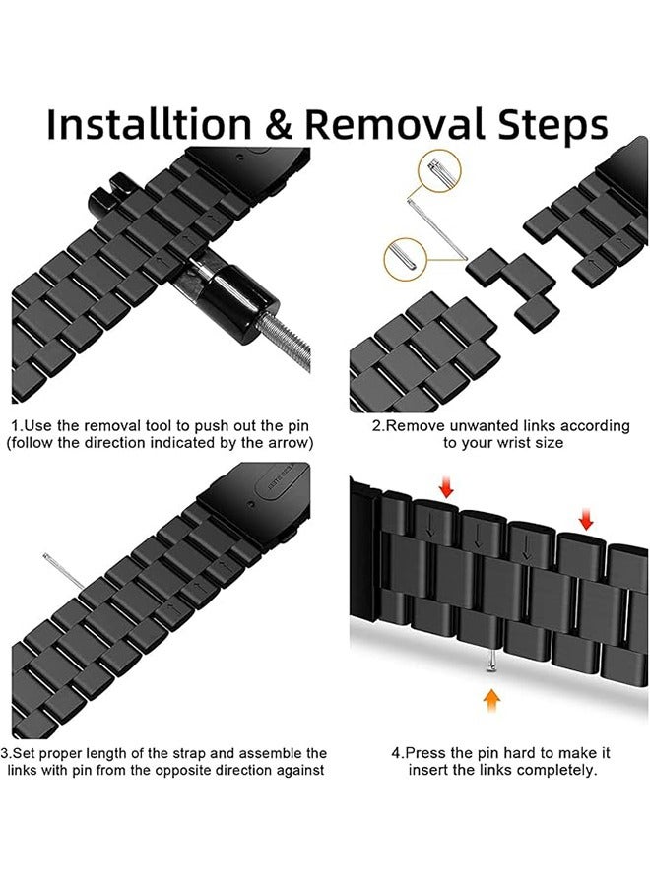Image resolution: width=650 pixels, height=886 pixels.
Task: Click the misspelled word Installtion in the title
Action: click(149, 124)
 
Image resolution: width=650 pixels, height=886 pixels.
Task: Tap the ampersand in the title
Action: click(278, 124)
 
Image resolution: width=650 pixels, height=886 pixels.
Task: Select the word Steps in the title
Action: click(552, 125)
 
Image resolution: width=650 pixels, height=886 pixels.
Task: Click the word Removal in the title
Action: click(395, 124)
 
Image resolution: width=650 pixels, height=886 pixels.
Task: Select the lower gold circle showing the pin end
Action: click(405, 259)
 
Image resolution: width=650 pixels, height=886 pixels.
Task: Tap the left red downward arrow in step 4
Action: click(446, 487)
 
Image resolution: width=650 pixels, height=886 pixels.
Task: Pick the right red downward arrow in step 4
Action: click(586, 518)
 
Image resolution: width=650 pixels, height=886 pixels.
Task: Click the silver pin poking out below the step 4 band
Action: click(491, 662)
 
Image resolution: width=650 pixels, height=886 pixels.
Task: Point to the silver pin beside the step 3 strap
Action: click(64, 572)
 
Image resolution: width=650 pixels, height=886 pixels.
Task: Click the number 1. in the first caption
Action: click(18, 425)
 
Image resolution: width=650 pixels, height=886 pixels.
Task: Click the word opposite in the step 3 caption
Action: click(181, 770)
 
